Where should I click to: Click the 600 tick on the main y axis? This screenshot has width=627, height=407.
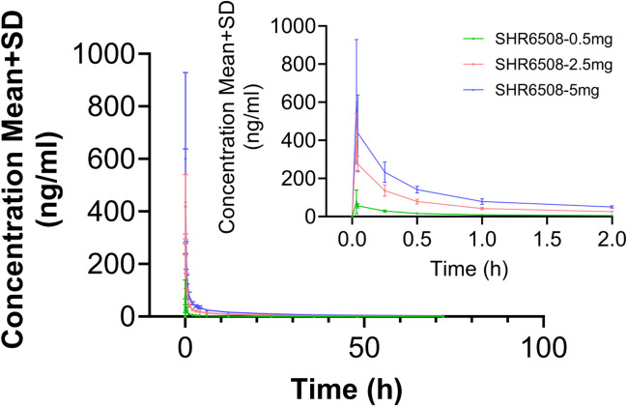coord(121,160)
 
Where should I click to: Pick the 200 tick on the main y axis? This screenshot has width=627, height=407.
coord(121,265)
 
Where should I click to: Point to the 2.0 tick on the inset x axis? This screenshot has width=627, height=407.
coord(613,238)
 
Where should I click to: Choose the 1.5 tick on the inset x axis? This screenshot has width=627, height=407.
coord(547,238)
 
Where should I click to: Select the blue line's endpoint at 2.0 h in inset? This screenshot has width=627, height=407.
coord(613,207)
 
